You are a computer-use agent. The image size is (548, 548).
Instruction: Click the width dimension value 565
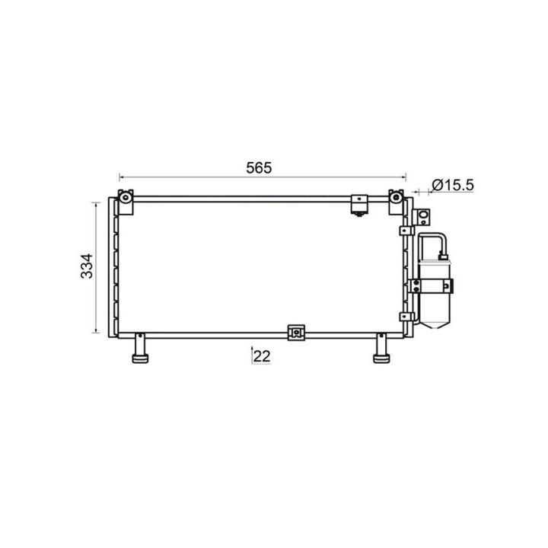point(259,168)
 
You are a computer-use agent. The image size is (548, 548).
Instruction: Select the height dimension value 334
point(86,266)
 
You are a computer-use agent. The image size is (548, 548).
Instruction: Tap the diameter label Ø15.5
point(453,185)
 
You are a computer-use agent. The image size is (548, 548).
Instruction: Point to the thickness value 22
point(262,356)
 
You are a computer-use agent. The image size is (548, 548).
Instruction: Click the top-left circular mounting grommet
point(125,198)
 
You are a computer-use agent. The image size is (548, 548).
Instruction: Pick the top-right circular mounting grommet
point(396,197)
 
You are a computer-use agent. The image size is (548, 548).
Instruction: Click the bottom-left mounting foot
point(140,349)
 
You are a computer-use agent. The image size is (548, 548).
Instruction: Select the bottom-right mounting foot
point(381,349)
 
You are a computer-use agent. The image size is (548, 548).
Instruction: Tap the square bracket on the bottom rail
point(296,333)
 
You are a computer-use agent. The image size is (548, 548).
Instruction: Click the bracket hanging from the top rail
point(359,205)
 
